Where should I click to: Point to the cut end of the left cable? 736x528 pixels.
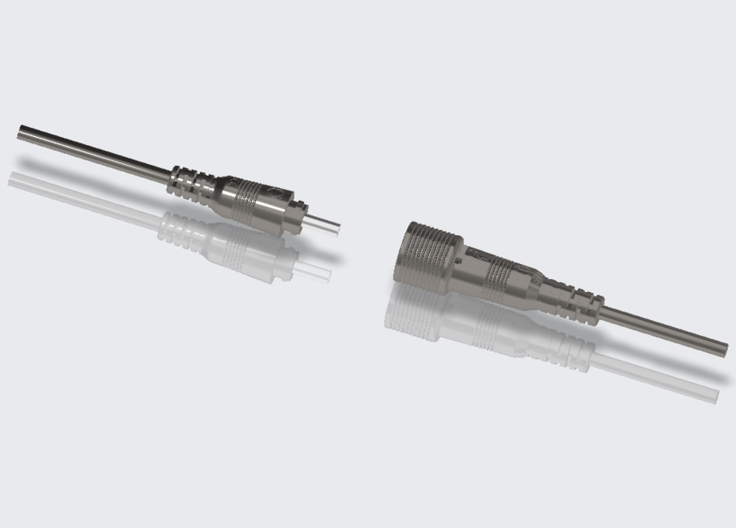(x=21, y=131)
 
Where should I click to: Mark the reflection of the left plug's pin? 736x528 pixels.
(x=317, y=271)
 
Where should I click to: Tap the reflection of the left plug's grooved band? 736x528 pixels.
(x=244, y=248)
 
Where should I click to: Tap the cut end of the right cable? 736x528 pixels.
(x=725, y=348)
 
